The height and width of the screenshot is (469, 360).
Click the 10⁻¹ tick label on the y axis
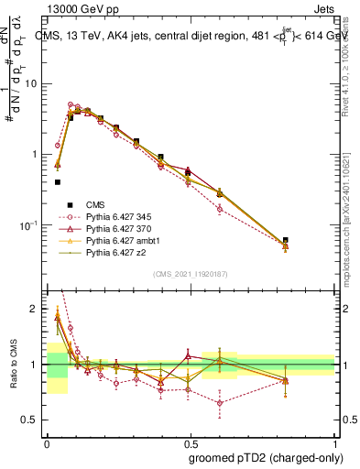[34, 225]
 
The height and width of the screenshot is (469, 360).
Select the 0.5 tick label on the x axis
[191, 443]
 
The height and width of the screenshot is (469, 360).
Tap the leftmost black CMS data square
[58, 182]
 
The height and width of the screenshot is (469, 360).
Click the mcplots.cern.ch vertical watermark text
[352, 183]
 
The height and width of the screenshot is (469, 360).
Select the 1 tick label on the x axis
[335, 443]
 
